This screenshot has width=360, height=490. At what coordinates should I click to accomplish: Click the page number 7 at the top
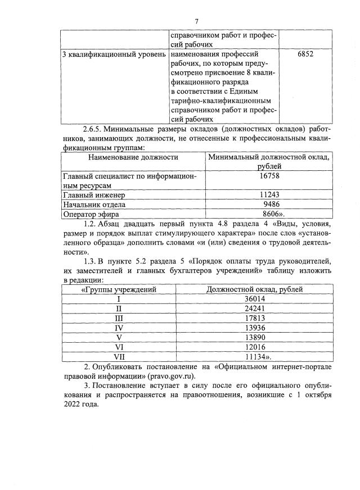(196, 21)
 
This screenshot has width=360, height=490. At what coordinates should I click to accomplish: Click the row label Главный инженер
(94, 195)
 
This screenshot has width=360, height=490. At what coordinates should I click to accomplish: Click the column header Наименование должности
(133, 157)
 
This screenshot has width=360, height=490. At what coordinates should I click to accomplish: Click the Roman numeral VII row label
(119, 356)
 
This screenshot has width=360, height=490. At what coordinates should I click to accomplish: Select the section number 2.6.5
(92, 129)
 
